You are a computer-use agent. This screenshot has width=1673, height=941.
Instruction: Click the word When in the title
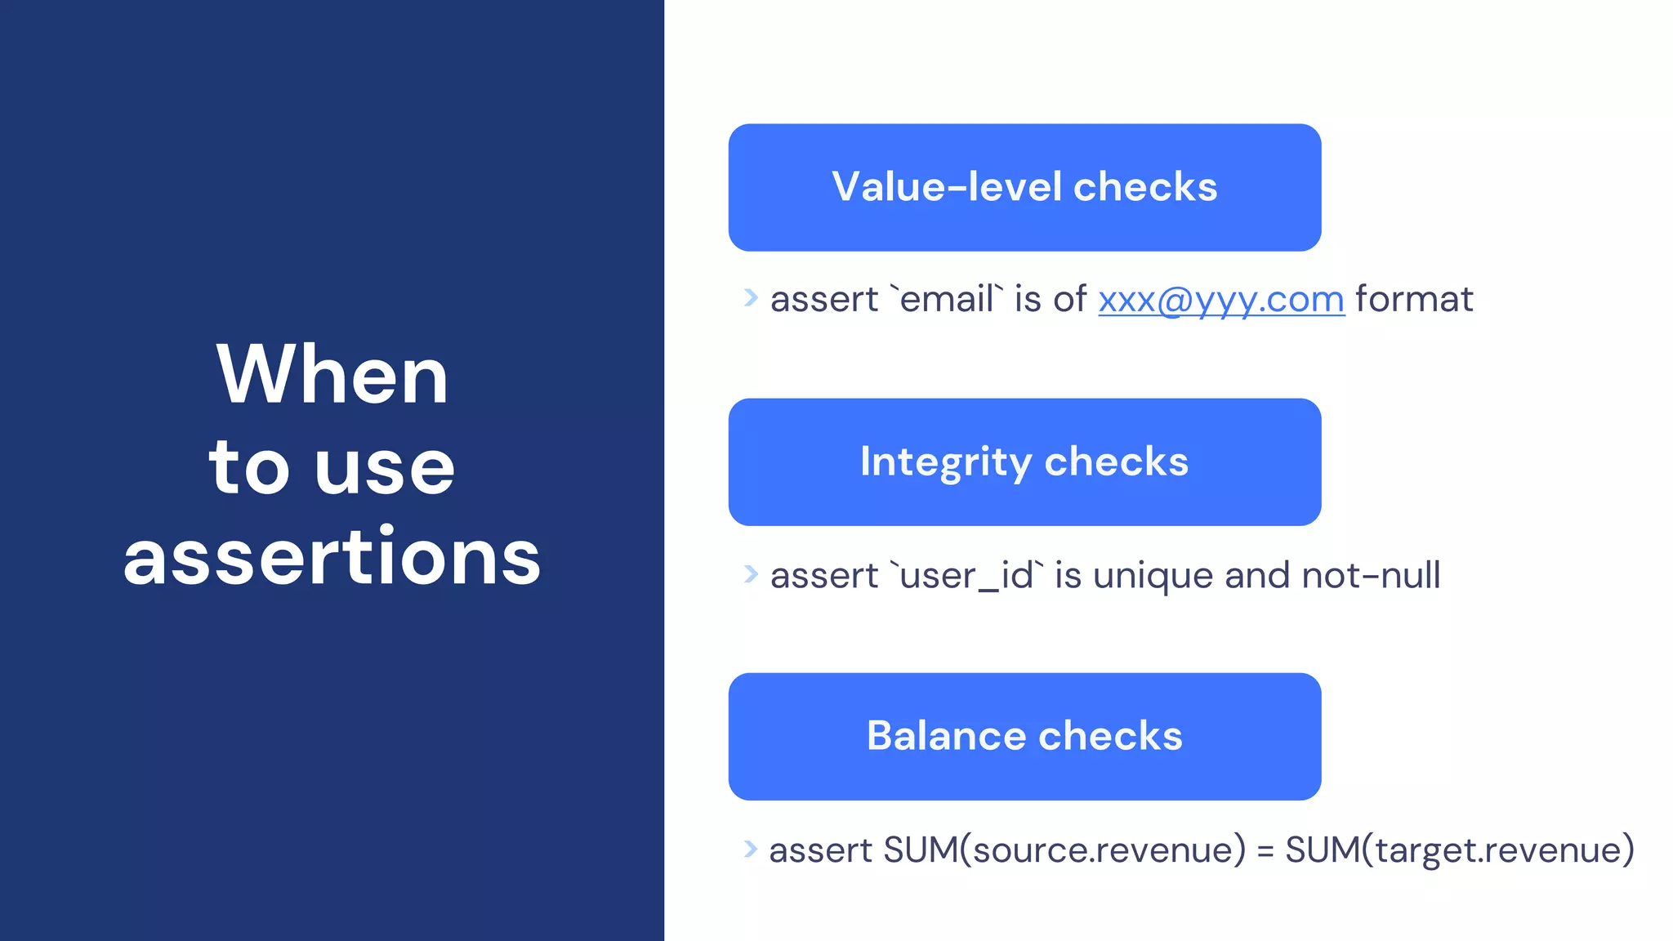coord(332,375)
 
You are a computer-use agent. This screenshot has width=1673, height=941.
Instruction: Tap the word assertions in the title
coord(332,558)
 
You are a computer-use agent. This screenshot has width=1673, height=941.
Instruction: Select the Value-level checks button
coord(1024,187)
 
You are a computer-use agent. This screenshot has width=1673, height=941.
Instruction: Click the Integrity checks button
coord(1024,462)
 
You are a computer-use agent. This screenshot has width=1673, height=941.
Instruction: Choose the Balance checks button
coord(1024,736)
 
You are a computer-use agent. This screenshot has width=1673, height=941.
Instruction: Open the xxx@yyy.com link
coord(1220,300)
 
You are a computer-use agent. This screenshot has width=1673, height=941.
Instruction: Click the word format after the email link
coord(1414,299)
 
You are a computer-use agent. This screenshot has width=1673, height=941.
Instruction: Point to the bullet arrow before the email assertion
coord(751,297)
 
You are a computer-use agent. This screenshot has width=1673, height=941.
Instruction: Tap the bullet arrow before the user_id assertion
coord(751,574)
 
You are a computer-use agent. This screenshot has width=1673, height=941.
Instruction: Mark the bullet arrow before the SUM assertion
coord(751,849)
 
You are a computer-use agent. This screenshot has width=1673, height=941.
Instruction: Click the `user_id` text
coord(966,576)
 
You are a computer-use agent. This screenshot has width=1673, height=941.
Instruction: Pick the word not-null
coord(1371,575)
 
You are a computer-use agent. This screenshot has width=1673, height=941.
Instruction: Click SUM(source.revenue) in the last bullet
coord(1064,850)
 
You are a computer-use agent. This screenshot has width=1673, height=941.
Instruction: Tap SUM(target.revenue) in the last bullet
coord(1459,850)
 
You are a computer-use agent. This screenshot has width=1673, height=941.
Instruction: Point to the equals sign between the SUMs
coord(1265,851)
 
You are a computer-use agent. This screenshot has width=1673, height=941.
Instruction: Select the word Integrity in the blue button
coord(946,462)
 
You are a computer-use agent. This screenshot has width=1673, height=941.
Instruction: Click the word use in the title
coord(385,468)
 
